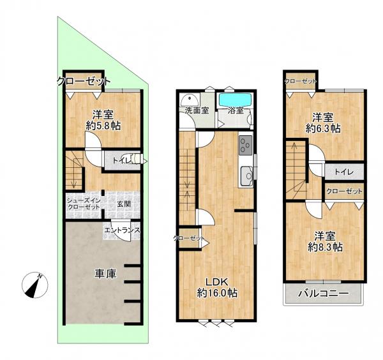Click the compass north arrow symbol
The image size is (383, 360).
click(x=35, y=285)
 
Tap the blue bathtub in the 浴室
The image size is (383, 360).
click(x=235, y=100)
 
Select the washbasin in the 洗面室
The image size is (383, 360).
click(x=190, y=100)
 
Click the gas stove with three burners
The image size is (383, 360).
click(x=246, y=146)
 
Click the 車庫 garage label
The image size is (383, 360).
click(x=105, y=274)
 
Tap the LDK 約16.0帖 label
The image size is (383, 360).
click(x=217, y=287)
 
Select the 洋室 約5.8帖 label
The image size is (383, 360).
click(x=103, y=120)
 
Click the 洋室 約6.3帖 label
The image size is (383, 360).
click(x=323, y=123)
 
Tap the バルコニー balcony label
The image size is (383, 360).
click(x=323, y=294)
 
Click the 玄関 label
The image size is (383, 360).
click(x=124, y=204)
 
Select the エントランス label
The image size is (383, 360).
click(x=123, y=230)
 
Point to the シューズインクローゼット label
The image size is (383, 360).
click(x=84, y=204)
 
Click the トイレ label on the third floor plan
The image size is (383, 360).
click(x=344, y=172)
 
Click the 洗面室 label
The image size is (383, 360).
click(x=197, y=110)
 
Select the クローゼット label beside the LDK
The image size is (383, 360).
click(x=188, y=238)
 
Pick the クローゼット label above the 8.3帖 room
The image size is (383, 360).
click(x=344, y=191)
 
